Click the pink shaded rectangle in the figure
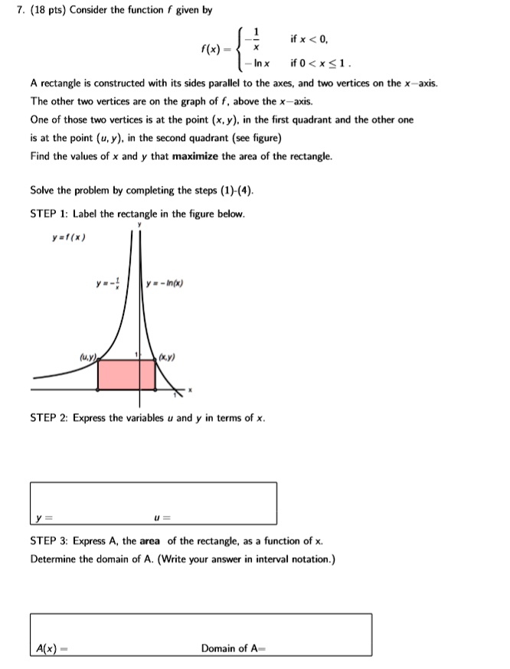126,375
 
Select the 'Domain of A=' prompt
233,648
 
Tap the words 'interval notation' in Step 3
291,559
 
